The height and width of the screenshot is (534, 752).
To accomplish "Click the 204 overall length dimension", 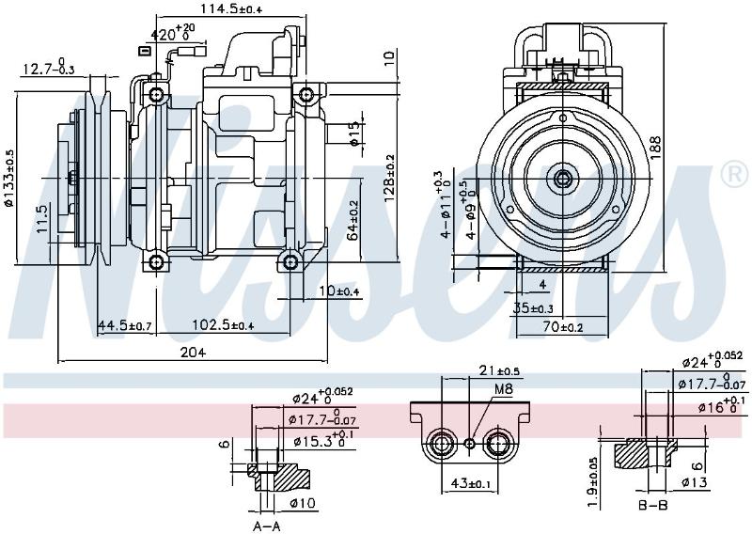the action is point(193,353).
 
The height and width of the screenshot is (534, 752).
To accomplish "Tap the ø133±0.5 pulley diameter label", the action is point(9,178).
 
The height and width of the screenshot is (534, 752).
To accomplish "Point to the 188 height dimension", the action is point(655,145).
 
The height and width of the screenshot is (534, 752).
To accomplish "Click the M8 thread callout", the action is point(503,388).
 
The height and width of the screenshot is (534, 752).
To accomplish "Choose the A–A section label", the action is point(266,526).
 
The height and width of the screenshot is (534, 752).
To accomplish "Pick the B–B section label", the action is point(653,505).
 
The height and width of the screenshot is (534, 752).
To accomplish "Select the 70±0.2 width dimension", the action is point(563,328).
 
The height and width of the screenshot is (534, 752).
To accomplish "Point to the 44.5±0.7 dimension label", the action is point(125,326).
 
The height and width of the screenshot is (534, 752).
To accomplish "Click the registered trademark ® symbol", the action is point(734,175).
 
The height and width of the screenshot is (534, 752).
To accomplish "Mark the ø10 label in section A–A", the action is point(303,503).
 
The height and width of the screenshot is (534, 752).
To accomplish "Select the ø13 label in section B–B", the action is point(695,482).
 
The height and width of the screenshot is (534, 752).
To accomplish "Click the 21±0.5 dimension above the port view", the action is point(499,370).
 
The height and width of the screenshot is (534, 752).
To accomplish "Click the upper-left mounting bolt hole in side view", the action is point(157,95).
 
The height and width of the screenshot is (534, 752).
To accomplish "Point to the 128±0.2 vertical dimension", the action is point(390,179).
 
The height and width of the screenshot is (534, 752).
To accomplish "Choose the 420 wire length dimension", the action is point(170,34).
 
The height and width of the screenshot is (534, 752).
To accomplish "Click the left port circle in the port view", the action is point(442,444).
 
